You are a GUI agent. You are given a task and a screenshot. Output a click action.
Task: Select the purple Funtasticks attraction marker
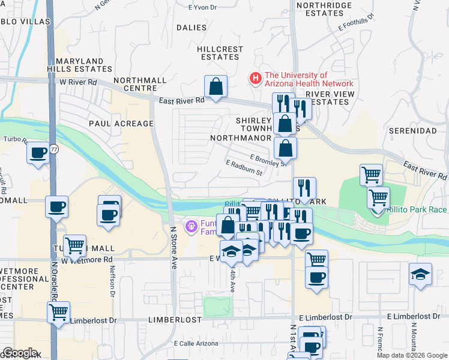[191, 226]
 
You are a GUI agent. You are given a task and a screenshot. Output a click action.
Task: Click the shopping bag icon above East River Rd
[215, 87]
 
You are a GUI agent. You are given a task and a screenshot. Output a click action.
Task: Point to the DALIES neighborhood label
[191, 28]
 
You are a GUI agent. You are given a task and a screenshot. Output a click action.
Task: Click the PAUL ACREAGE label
[121, 124]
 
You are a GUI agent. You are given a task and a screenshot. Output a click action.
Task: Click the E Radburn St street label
[244, 168]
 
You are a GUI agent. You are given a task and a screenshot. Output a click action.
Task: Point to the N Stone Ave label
[173, 247]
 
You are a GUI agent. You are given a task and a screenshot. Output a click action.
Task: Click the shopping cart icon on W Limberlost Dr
[58, 312]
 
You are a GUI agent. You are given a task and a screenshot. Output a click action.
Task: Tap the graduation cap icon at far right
[420, 275]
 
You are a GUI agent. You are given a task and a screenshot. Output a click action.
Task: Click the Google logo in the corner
[20, 353]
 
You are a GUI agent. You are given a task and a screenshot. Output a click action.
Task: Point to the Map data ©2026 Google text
[412, 355]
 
